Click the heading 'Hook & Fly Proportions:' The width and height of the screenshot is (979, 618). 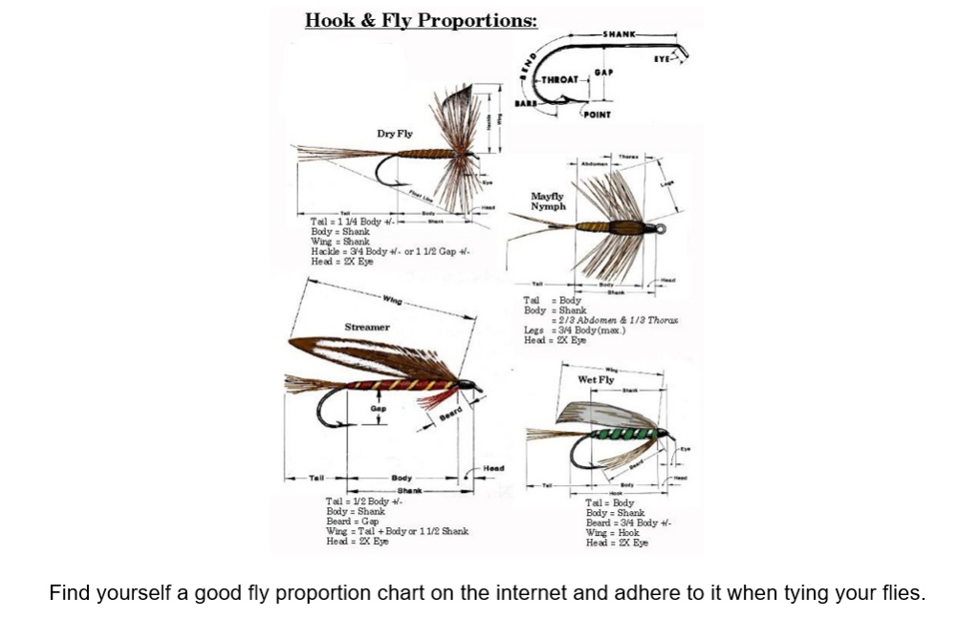pos(421,20)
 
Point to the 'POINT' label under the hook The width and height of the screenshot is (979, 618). pos(597,114)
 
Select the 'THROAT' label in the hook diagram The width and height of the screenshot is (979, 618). pos(561,80)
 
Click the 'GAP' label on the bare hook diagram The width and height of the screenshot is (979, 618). pos(603,72)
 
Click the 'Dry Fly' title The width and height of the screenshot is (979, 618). pos(394,134)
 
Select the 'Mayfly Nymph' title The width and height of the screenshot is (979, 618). pos(548,201)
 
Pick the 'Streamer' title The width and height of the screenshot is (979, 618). pos(366,327)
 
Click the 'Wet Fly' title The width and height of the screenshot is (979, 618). pos(596,379)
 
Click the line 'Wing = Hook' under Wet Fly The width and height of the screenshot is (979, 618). pos(612,532)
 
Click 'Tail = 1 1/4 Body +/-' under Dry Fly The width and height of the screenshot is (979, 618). pos(345,222)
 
